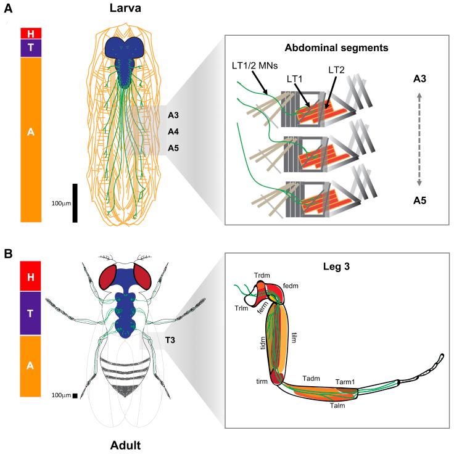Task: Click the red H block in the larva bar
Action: coord(30,33)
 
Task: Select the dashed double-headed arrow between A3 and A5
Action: coord(420,139)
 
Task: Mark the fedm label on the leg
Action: coord(291,286)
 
